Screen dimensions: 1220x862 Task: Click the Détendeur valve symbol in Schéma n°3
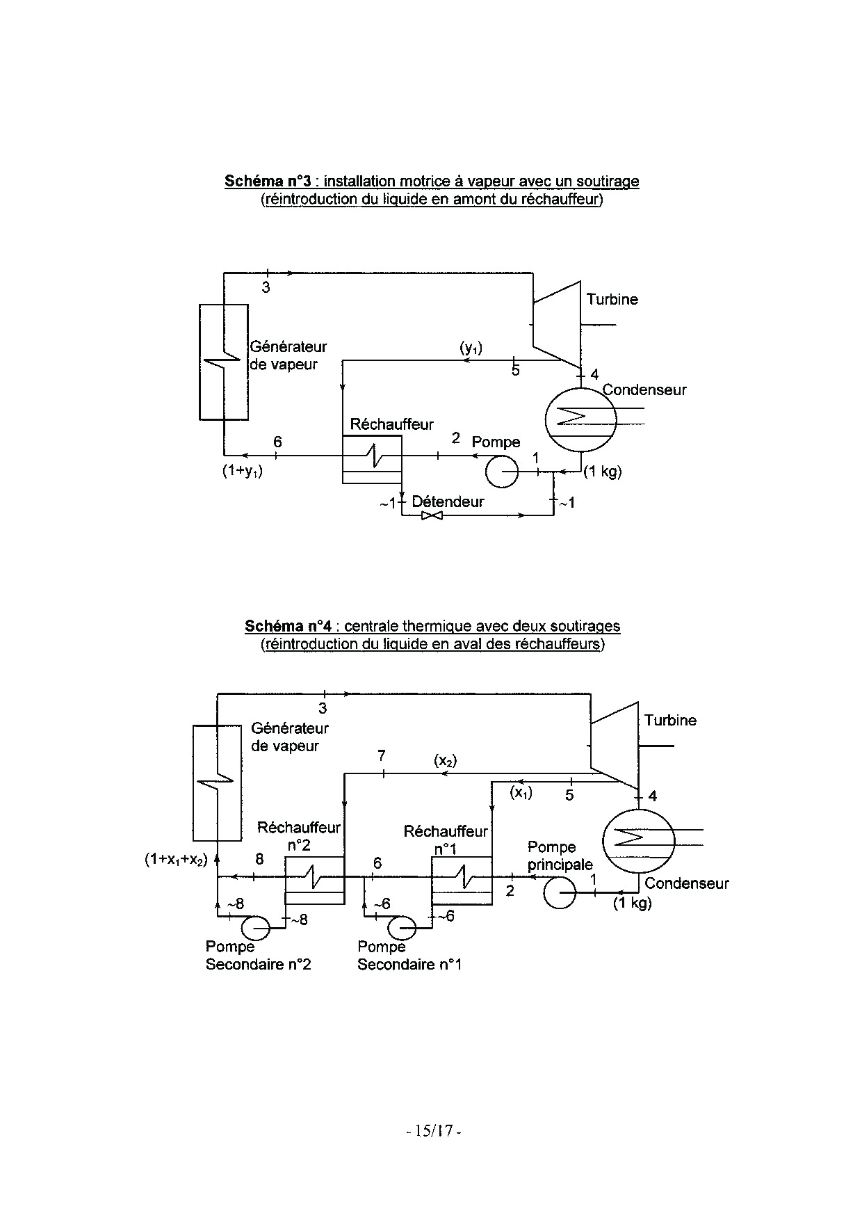point(432,516)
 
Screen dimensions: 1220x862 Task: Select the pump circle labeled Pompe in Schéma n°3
point(502,472)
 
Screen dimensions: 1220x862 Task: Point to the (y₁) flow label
point(471,348)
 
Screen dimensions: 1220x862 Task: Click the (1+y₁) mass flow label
point(243,471)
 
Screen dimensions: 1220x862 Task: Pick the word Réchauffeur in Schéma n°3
point(391,424)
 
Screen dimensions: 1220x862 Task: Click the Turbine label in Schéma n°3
point(612,300)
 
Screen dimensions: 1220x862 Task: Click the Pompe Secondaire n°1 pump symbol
point(403,927)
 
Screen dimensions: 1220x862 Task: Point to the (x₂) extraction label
point(446,761)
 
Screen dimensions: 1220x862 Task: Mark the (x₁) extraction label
point(521,792)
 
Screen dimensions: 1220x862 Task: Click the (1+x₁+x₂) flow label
point(177,860)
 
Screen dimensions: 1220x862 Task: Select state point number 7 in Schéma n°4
point(382,756)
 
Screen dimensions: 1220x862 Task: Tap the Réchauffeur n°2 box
point(314,880)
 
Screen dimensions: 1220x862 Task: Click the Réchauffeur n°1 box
point(461,880)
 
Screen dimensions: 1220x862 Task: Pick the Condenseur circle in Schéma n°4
point(638,839)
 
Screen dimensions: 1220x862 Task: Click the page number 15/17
point(434,1131)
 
